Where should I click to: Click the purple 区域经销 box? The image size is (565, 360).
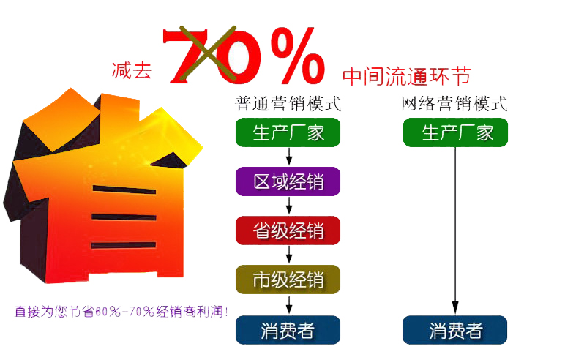(x=288, y=181)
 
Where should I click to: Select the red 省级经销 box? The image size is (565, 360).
(x=288, y=230)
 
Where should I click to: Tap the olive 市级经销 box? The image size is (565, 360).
(x=288, y=280)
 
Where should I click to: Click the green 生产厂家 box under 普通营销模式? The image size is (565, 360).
(x=288, y=132)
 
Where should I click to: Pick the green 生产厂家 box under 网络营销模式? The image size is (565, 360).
(x=455, y=132)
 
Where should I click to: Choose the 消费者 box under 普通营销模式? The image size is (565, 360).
(x=288, y=330)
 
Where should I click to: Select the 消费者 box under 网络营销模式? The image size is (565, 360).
(x=454, y=330)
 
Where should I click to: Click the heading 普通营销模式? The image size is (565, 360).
(x=288, y=104)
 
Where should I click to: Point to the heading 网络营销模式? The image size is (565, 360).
(x=454, y=104)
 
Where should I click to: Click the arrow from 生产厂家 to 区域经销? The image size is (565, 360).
(x=289, y=156)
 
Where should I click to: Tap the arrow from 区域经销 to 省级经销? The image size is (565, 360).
(x=289, y=206)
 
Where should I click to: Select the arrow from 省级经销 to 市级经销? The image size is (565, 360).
(x=289, y=255)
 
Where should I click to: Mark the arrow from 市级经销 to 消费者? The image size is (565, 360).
(x=289, y=305)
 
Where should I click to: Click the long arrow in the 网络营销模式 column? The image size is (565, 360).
(x=455, y=230)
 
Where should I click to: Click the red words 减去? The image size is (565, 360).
(x=132, y=70)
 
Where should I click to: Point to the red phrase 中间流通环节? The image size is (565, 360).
(x=407, y=76)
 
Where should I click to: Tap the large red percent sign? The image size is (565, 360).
(x=298, y=55)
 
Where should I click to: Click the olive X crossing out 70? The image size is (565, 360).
(x=208, y=53)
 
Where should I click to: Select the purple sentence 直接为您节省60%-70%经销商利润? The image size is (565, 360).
(x=121, y=312)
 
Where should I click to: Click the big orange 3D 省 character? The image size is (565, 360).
(x=102, y=186)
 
